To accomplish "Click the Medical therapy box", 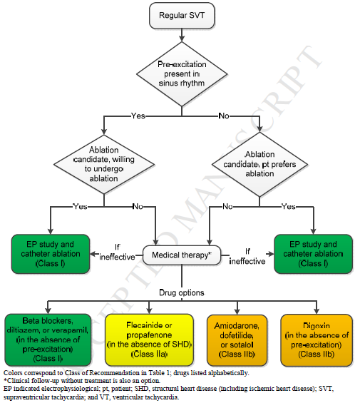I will tap(180, 255).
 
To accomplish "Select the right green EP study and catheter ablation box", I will tap(312, 254).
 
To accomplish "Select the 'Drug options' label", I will tap(181, 293).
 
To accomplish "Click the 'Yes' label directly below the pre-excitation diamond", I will tap(140, 115).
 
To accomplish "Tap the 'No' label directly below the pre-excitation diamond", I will tap(224, 115).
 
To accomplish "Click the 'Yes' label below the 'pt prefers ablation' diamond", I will tap(289, 206).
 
